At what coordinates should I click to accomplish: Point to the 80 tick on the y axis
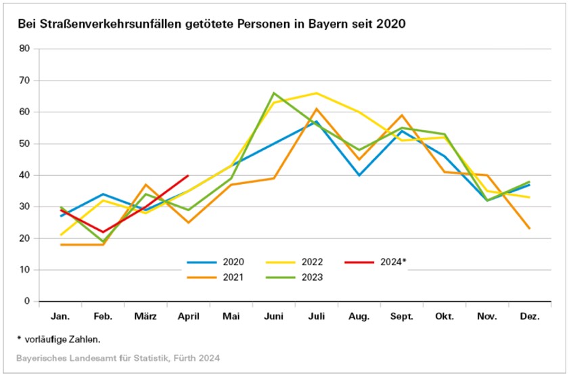(25, 49)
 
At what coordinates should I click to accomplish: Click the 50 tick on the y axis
(25, 143)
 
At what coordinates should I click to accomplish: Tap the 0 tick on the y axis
(28, 301)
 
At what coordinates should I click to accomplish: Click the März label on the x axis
(145, 317)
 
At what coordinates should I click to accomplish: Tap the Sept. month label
(402, 317)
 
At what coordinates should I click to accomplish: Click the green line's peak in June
(274, 93)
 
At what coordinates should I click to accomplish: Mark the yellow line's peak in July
(317, 93)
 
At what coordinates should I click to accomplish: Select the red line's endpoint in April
(188, 175)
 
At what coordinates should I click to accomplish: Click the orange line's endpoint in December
(530, 229)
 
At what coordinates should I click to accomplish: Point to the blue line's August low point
(359, 175)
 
